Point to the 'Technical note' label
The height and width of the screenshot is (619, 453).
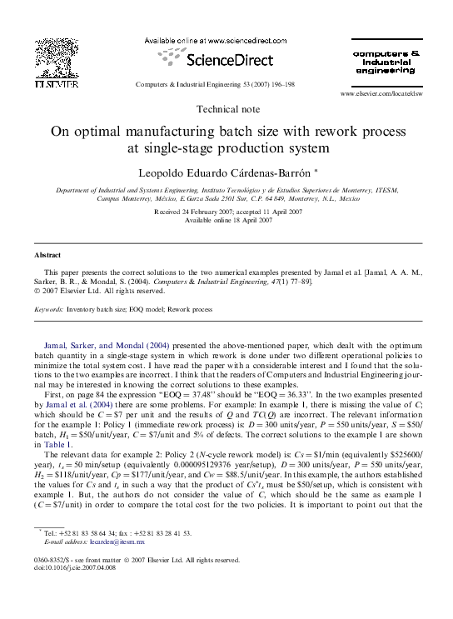tap(226, 110)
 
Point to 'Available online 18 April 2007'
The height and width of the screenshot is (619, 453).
tap(226, 221)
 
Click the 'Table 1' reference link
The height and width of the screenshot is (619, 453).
tap(54, 445)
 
